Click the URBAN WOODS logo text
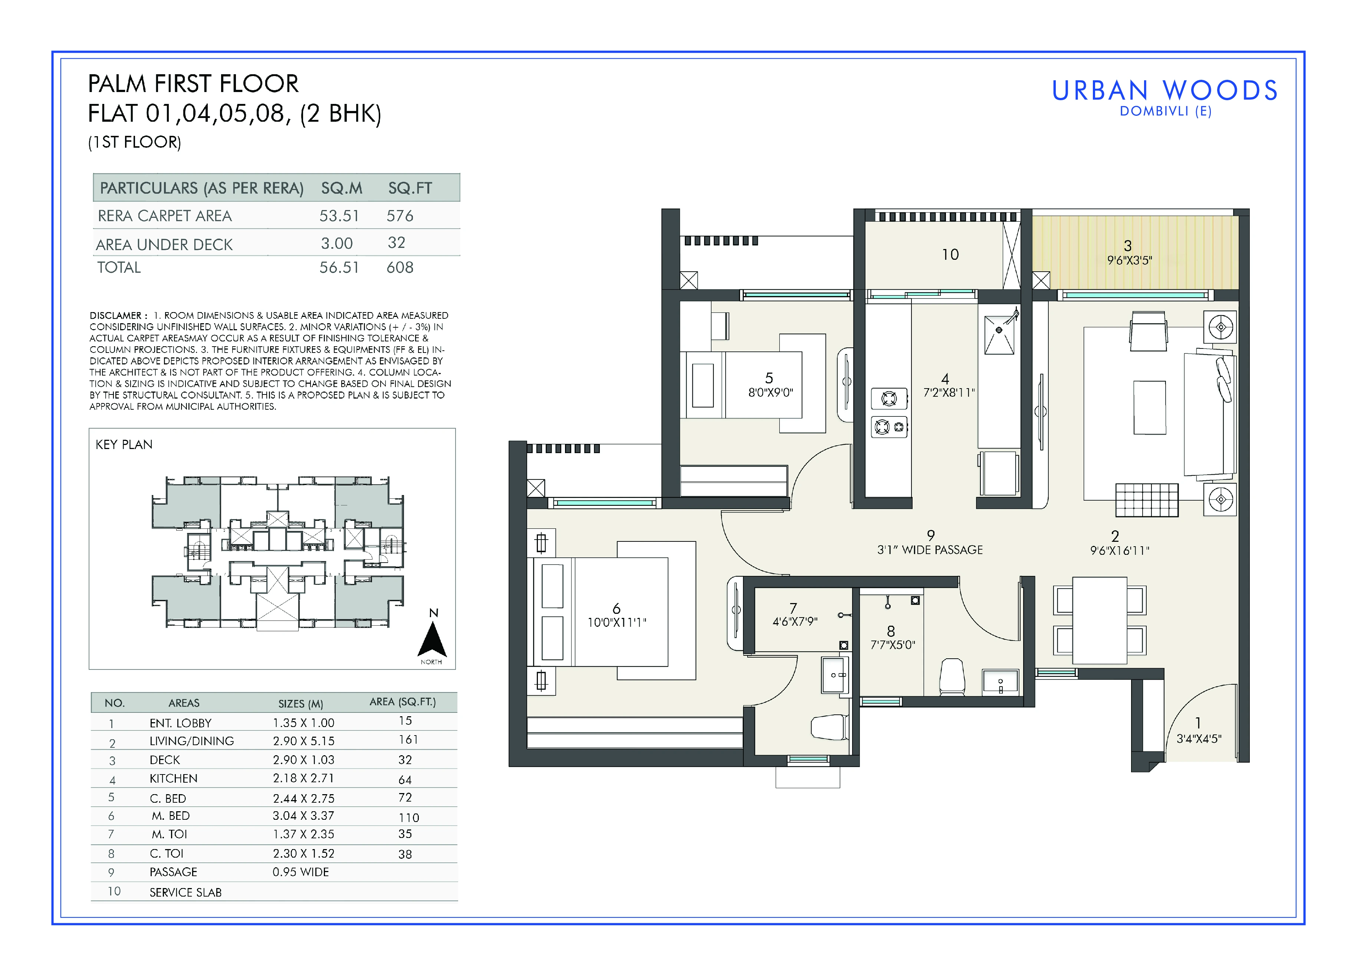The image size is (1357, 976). [1164, 90]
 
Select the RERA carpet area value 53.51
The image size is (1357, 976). [339, 216]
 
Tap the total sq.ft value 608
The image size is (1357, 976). [400, 268]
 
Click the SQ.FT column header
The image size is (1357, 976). [410, 188]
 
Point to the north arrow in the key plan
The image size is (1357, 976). [432, 639]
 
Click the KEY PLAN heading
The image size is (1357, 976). [124, 445]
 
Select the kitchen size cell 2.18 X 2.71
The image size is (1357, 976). [303, 778]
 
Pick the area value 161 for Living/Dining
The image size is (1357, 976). [409, 740]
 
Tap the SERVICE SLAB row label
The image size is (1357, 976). [185, 892]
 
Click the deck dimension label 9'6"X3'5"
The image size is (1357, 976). [1129, 260]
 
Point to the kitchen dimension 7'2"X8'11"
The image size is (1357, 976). [949, 393]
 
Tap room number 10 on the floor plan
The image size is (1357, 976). [950, 255]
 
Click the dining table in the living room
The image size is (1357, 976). [1100, 620]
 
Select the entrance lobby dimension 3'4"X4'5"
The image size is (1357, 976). [1199, 739]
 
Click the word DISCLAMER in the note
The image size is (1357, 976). [115, 315]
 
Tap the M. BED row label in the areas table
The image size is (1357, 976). [171, 816]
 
